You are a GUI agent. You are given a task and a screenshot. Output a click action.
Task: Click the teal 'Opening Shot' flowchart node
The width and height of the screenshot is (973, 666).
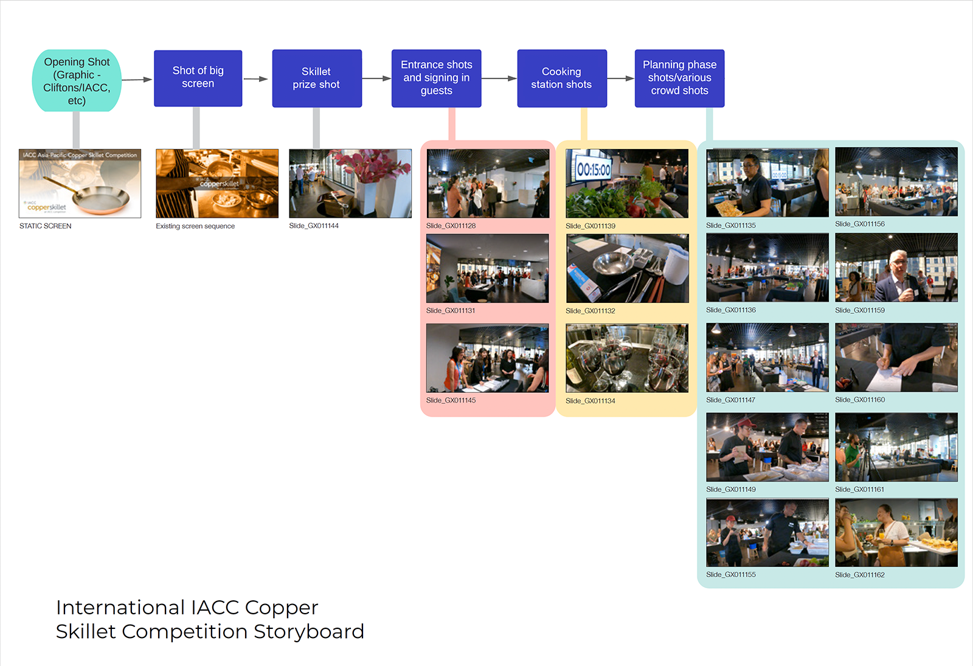click(77, 80)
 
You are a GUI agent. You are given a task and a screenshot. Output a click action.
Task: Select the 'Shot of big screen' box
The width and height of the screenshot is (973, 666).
click(198, 78)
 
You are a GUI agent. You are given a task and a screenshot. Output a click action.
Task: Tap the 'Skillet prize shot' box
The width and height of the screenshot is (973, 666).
click(316, 78)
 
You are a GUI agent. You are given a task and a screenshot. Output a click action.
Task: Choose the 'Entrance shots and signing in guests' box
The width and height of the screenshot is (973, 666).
click(436, 78)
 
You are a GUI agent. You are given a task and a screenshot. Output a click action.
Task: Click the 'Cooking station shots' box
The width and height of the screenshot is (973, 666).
click(561, 78)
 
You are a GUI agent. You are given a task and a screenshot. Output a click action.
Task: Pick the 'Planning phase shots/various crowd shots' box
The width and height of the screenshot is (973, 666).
click(679, 78)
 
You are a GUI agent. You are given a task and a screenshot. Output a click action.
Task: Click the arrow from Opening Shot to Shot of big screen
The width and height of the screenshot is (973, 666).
click(137, 80)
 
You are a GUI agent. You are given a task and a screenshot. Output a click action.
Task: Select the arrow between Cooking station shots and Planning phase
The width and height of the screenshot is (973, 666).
click(620, 78)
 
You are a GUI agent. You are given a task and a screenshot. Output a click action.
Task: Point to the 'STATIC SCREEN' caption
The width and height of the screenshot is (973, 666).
click(46, 226)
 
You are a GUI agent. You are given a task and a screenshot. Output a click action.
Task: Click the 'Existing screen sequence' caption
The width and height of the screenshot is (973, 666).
click(195, 226)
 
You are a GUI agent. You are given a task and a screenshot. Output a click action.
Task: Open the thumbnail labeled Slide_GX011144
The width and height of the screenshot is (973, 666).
click(350, 183)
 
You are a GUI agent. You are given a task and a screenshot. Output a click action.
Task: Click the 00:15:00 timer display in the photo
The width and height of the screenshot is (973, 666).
click(594, 169)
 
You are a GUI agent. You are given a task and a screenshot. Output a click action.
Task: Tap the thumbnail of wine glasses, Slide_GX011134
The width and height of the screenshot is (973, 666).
click(627, 358)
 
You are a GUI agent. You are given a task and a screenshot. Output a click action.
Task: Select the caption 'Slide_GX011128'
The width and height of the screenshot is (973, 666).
click(451, 226)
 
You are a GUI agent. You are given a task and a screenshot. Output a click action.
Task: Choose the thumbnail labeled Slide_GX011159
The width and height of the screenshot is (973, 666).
click(896, 268)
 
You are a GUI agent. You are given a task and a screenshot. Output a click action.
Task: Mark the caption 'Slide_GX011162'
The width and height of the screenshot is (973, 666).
click(859, 575)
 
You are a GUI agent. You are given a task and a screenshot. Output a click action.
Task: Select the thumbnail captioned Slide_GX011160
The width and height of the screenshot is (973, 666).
click(896, 358)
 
